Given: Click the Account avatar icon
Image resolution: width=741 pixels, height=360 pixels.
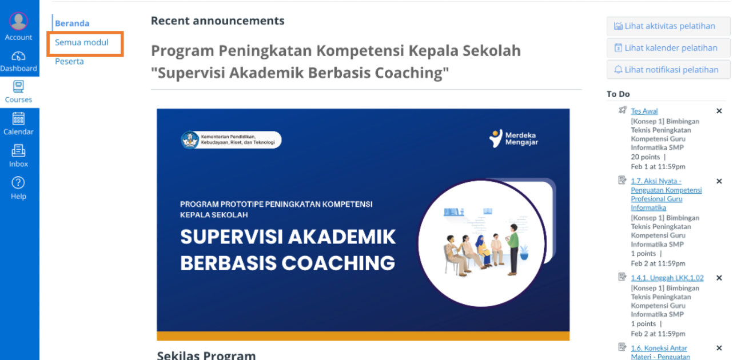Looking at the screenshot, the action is pos(18,21).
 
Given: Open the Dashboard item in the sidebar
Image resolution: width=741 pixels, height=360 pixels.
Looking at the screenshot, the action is pos(18,62).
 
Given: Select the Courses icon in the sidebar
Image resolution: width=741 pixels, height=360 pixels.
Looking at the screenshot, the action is pos(18,87).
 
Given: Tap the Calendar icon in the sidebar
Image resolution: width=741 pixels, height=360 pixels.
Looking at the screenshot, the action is pos(18,119).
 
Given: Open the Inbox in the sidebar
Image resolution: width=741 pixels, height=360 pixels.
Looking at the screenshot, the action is pos(18,155).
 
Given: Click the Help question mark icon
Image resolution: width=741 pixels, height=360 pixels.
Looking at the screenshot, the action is pos(18,182).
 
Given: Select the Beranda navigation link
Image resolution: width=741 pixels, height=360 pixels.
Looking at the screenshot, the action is pos(72,23).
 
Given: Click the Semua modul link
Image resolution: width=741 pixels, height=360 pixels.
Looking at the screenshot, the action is pos(82,42).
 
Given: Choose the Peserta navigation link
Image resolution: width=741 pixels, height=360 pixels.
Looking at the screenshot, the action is pos(70,62).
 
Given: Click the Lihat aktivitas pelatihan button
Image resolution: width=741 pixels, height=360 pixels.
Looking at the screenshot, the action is pos(668,26).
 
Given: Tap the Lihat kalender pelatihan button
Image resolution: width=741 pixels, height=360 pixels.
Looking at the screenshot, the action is pos(668,48).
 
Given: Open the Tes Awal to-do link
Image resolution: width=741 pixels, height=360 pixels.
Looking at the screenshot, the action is pos(644,111).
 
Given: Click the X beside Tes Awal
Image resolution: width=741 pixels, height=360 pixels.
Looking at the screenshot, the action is pos(719,111).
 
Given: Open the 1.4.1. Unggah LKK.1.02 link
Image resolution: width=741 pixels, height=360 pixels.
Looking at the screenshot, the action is pos(667,278).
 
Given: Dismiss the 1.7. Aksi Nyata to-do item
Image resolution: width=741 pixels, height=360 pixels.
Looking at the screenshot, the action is pos(719,181).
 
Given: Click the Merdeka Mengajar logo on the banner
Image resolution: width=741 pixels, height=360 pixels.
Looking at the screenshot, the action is pos(514,138).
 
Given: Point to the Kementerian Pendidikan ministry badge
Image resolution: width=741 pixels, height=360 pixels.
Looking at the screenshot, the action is pos(231,139).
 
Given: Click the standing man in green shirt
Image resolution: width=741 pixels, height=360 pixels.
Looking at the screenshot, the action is pos(513,249).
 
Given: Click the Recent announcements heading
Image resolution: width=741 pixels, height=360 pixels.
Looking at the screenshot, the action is pos(218,21).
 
